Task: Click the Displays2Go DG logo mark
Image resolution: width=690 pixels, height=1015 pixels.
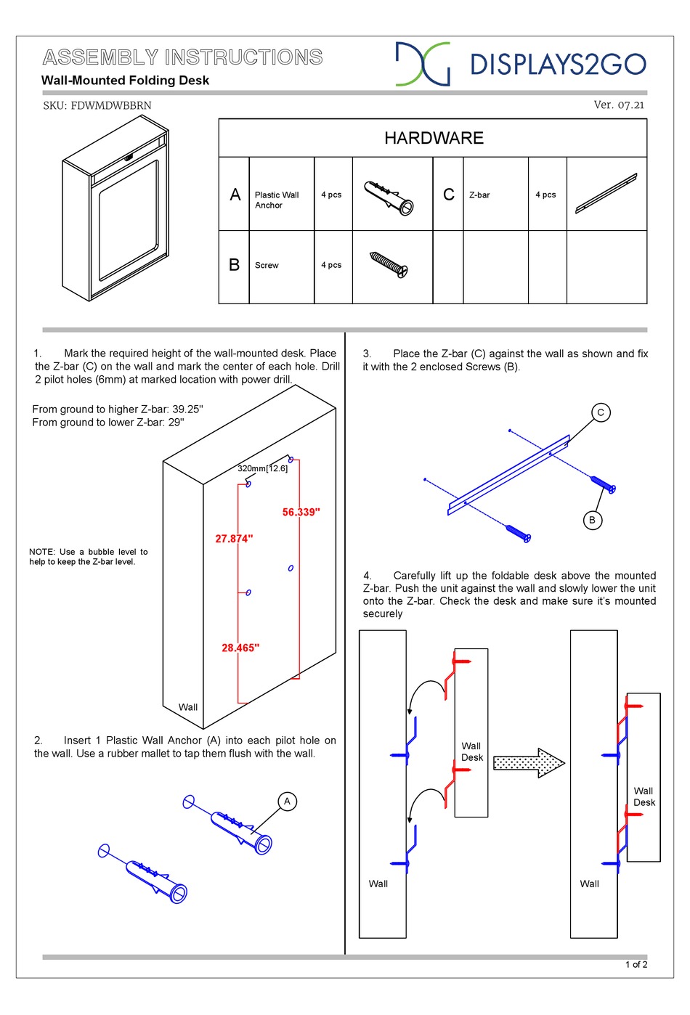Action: (422, 64)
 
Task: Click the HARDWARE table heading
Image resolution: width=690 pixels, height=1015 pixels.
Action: (434, 138)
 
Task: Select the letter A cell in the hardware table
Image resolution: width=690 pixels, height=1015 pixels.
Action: (235, 195)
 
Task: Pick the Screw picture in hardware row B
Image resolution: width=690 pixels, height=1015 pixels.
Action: (389, 265)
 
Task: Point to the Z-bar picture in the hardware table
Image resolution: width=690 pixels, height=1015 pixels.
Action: (606, 193)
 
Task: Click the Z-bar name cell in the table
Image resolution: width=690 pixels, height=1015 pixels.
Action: (479, 195)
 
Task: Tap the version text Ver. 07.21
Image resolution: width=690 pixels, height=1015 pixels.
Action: (618, 105)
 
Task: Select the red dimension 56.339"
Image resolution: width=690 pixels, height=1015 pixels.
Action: (301, 512)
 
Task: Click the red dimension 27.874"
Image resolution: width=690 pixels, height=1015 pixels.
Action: (234, 538)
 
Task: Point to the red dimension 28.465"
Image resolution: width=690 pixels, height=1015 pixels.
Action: (240, 647)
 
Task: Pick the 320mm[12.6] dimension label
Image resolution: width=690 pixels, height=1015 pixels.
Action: (262, 468)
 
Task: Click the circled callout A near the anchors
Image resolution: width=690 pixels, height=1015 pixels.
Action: (287, 802)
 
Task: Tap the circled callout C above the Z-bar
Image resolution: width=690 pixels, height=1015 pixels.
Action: (600, 412)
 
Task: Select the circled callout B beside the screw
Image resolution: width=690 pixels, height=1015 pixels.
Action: (592, 520)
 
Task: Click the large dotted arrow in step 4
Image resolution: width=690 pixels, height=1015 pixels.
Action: (529, 762)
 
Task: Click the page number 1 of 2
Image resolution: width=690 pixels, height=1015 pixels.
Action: (636, 964)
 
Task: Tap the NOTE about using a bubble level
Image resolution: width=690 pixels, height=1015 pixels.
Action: (89, 557)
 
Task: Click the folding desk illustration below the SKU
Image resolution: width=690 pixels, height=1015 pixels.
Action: (115, 210)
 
